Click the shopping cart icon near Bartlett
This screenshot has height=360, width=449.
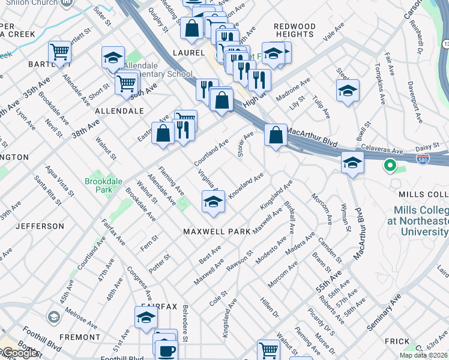[60, 53]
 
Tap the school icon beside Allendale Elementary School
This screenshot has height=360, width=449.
[113, 58]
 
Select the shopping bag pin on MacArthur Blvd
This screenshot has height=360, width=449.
[276, 136]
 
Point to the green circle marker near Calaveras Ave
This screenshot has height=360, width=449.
[390, 164]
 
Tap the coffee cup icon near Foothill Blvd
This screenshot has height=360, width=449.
[167, 350]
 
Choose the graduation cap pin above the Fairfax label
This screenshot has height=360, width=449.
[146, 318]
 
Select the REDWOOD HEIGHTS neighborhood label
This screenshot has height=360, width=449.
[294, 31]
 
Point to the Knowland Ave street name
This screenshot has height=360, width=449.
[246, 186]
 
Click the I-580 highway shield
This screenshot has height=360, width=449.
[424, 158]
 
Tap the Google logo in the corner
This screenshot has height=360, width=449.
[20, 353]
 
